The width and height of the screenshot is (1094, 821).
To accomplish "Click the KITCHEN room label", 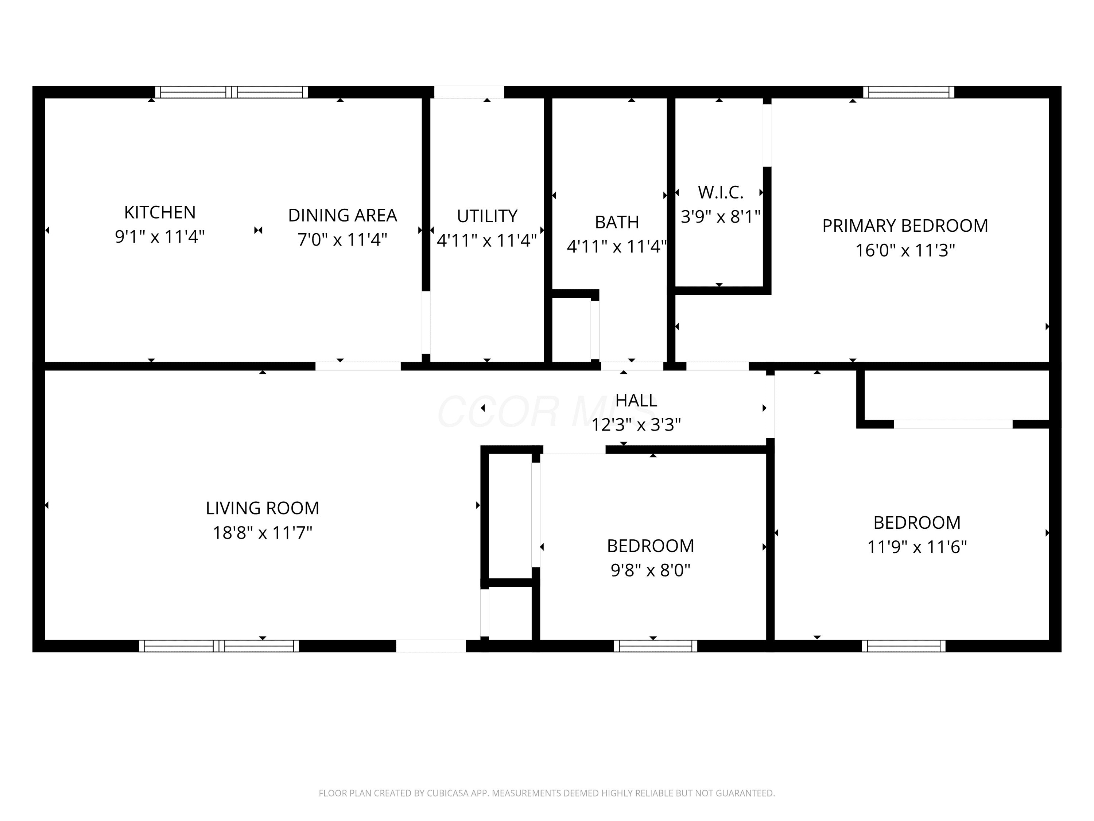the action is click(x=160, y=212).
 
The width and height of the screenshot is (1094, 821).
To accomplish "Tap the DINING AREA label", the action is click(x=342, y=215).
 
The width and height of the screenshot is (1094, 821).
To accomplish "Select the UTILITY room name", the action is click(x=487, y=216).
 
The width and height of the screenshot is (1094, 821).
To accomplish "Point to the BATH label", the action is click(x=617, y=222).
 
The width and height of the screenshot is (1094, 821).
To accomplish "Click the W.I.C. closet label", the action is click(x=721, y=193).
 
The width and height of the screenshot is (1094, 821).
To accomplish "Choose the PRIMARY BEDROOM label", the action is click(x=905, y=226).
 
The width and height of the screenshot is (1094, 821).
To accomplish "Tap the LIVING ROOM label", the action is click(x=263, y=508).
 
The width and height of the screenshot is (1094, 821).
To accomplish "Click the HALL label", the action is click(x=636, y=400).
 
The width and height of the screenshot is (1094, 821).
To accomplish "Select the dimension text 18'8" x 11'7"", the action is click(x=263, y=533).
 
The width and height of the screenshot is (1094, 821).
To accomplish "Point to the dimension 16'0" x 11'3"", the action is click(x=905, y=250).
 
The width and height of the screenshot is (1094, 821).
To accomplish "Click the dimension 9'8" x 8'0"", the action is click(x=650, y=571).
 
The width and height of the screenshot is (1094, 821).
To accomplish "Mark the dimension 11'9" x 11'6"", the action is click(x=917, y=547).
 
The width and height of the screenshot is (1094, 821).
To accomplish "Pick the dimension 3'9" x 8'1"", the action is click(x=721, y=217).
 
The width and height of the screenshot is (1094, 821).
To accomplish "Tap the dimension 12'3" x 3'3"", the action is click(x=636, y=425).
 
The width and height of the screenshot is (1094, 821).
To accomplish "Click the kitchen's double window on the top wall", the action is click(x=232, y=92).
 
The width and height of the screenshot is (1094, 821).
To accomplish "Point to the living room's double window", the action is click(x=219, y=646).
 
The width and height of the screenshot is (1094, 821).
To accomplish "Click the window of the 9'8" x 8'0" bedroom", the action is click(x=655, y=646).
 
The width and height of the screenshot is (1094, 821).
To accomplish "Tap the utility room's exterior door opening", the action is click(x=469, y=92).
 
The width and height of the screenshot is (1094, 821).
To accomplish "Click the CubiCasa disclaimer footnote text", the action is click(x=547, y=793).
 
